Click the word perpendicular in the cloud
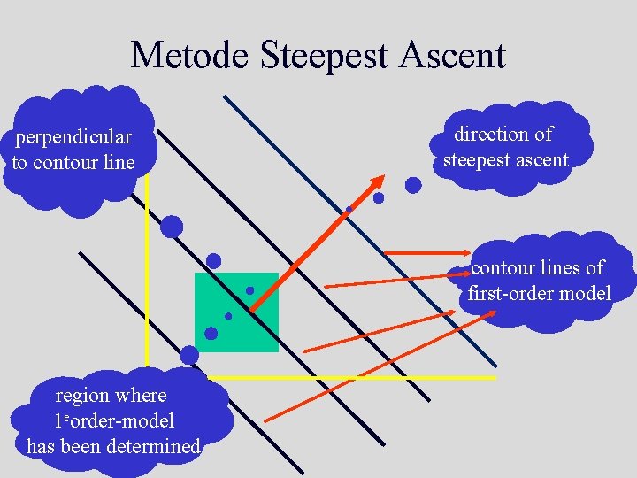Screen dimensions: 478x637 click(73, 137)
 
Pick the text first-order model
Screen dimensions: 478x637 click(539, 293)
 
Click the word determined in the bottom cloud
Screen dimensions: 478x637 click(153, 446)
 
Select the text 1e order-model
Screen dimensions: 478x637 click(114, 420)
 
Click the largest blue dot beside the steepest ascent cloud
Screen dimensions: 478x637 click(413, 185)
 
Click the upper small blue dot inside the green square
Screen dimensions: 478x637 click(249, 290)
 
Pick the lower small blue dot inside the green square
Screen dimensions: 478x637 click(228, 316)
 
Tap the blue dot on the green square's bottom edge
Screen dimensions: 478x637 click(211, 334)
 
